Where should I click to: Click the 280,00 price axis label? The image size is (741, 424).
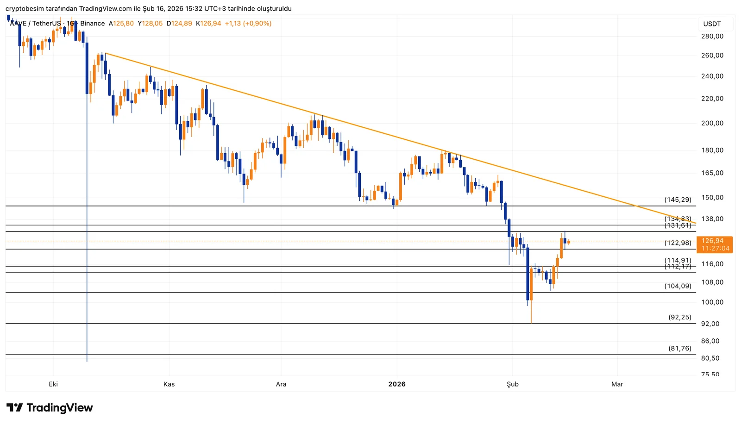click(x=712, y=36)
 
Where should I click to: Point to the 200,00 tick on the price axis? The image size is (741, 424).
click(x=712, y=123)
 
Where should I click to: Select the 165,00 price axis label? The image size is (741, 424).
click(x=712, y=173)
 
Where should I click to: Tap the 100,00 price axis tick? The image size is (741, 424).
click(x=712, y=302)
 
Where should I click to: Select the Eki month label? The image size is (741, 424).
click(x=53, y=384)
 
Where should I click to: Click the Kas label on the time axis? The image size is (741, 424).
click(x=169, y=384)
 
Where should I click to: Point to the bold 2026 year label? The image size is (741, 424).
click(x=397, y=384)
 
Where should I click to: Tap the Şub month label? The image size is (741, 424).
click(x=513, y=384)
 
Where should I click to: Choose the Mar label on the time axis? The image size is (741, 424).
click(x=617, y=384)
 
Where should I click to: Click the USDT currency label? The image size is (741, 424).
click(x=712, y=24)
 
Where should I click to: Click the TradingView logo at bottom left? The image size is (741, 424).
click(x=50, y=408)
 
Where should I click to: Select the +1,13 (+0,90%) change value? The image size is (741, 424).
click(x=248, y=24)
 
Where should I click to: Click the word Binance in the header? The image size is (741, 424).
click(x=93, y=24)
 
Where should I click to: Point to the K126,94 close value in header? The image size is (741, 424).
click(x=208, y=24)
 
